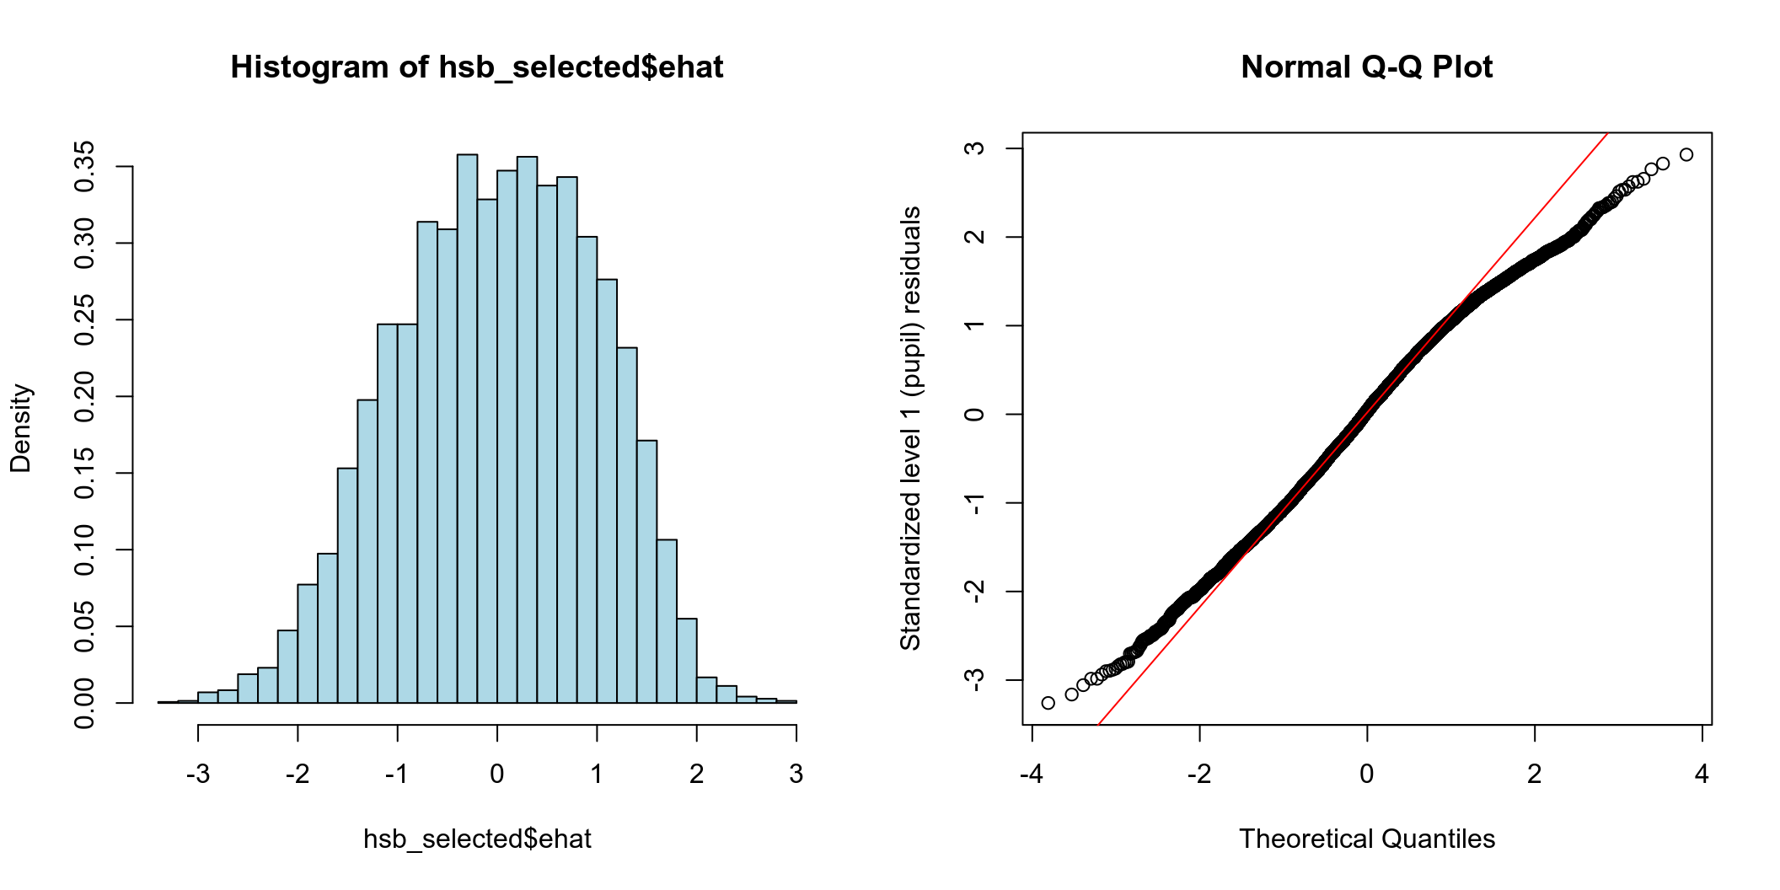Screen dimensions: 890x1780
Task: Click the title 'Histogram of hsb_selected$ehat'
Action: click(477, 67)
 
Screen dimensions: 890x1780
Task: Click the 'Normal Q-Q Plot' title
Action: click(1366, 67)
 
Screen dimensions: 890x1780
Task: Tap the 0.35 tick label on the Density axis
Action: click(85, 167)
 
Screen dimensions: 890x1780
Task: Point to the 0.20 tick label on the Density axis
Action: click(85, 396)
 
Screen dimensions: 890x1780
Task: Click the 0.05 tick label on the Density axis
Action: click(85, 626)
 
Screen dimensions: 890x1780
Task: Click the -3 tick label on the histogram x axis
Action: click(198, 774)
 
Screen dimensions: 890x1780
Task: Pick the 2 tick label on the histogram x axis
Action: click(696, 774)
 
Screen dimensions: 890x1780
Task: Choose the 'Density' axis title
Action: click(20, 428)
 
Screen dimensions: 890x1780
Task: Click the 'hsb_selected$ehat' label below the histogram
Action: click(477, 839)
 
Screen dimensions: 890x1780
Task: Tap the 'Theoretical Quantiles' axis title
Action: click(1366, 839)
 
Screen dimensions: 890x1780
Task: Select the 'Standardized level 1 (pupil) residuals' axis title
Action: click(910, 428)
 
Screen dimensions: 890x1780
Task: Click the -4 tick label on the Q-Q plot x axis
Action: click(1032, 774)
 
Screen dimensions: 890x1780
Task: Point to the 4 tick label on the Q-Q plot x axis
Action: click(1702, 774)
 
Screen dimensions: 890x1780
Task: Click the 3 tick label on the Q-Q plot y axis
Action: click(975, 148)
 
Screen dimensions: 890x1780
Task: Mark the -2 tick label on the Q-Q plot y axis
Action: click(975, 591)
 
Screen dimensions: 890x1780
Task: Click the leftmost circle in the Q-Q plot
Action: click(1048, 703)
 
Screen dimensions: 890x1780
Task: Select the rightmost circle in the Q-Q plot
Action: click(1686, 155)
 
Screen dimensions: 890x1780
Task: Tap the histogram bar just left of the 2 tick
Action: click(686, 661)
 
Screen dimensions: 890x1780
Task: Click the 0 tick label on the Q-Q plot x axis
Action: click(1366, 774)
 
